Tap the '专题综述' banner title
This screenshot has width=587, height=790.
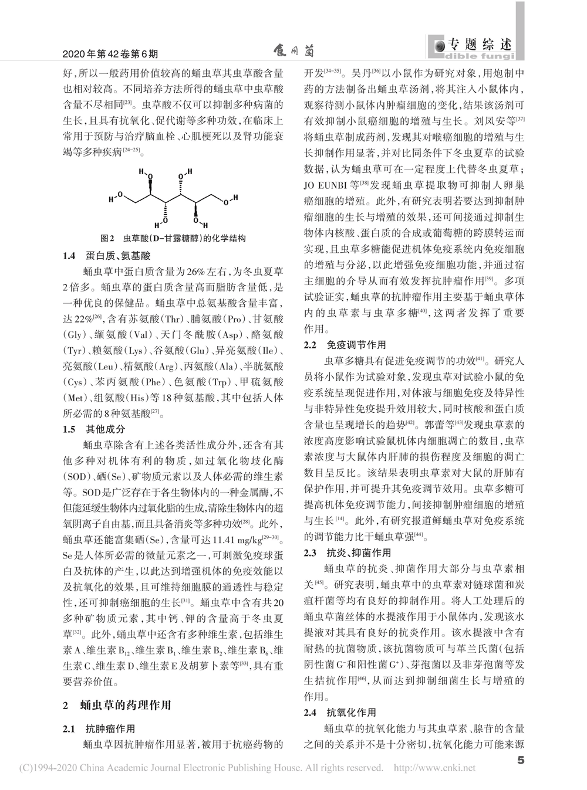480,45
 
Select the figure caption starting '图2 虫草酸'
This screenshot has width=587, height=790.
173,239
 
